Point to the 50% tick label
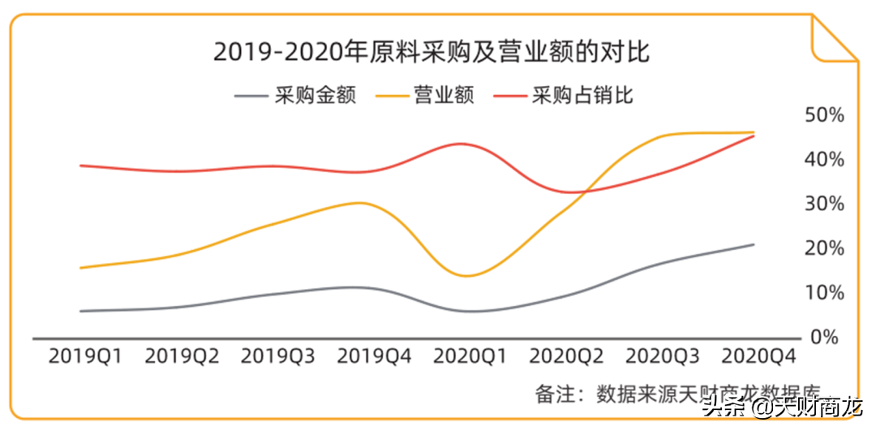click(824, 115)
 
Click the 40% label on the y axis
click(824, 159)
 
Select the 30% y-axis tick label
click(824, 204)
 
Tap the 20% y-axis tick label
click(824, 248)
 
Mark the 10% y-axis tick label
click(824, 292)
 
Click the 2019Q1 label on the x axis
click(85, 356)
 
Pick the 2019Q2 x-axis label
click(182, 356)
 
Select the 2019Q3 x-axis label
click(278, 356)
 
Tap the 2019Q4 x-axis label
click(374, 356)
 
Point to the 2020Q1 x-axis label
click(470, 356)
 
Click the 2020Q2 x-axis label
click(567, 356)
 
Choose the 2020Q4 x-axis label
click(759, 356)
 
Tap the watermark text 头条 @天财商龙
click(782, 407)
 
